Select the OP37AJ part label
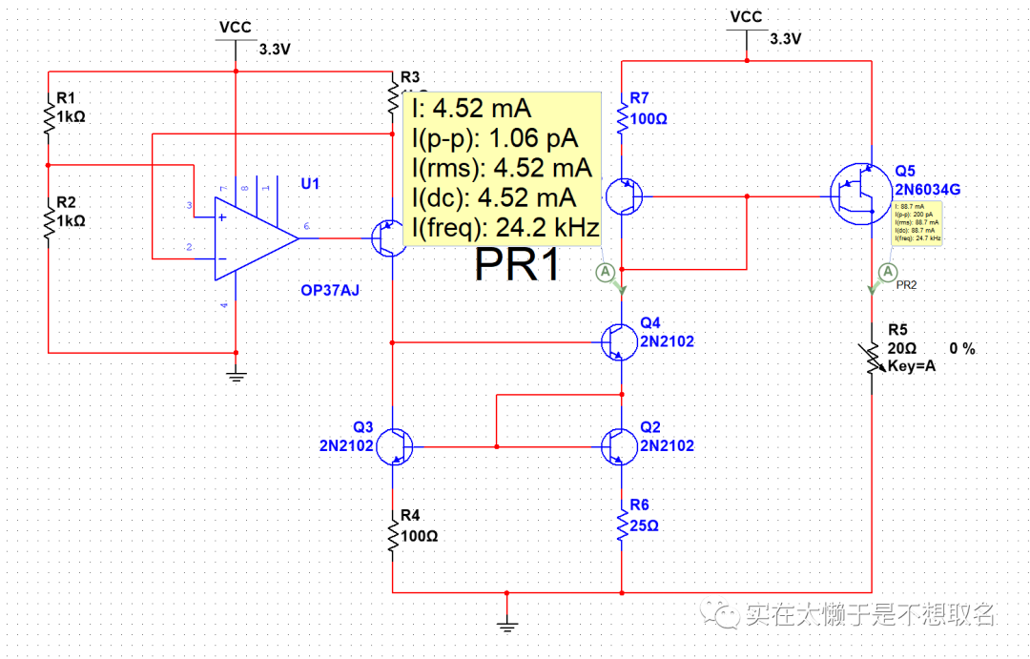pyautogui.click(x=329, y=290)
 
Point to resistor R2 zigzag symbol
pyautogui.click(x=48, y=221)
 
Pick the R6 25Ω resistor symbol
pyautogui.click(x=621, y=525)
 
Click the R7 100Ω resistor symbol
pyautogui.click(x=621, y=119)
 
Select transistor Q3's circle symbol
pyautogui.click(x=394, y=445)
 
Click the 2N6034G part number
pyautogui.click(x=927, y=190)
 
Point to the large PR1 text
pyautogui.click(x=519, y=265)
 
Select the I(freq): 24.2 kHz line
pyautogui.click(x=505, y=228)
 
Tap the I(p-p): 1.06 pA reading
pyautogui.click(x=495, y=137)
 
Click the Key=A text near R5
pyautogui.click(x=912, y=366)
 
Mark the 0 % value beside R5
pyautogui.click(x=962, y=349)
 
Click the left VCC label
pyautogui.click(x=235, y=28)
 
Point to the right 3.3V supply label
pyautogui.click(x=785, y=39)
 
